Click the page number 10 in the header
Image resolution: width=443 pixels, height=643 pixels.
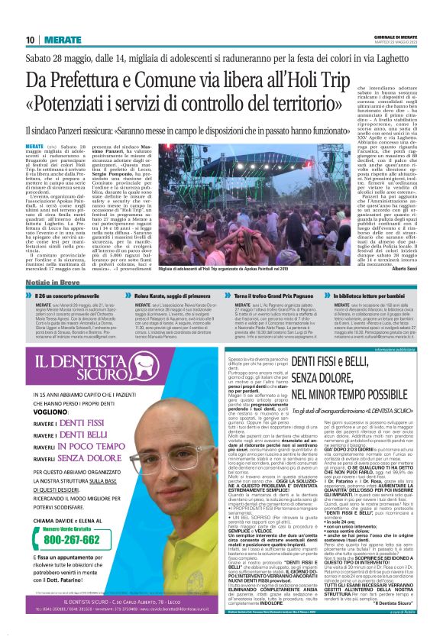click(x=31, y=39)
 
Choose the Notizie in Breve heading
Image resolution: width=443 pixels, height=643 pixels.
click(x=54, y=283)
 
